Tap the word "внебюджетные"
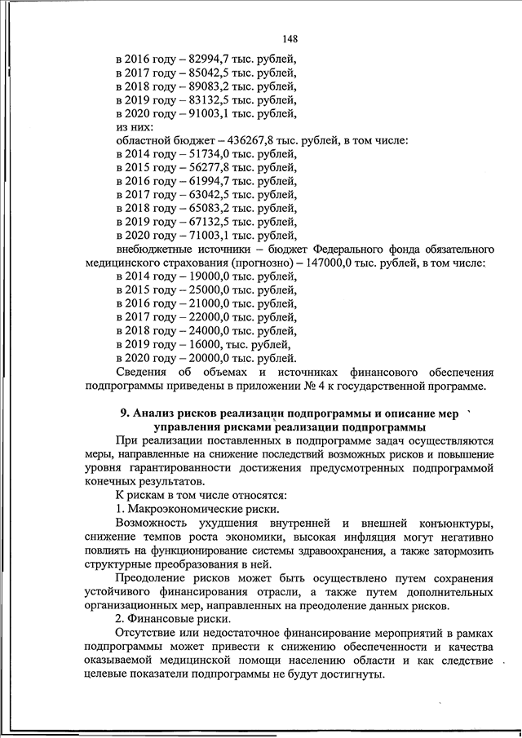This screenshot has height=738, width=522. point(155,250)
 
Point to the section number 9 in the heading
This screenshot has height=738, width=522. point(124,413)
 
